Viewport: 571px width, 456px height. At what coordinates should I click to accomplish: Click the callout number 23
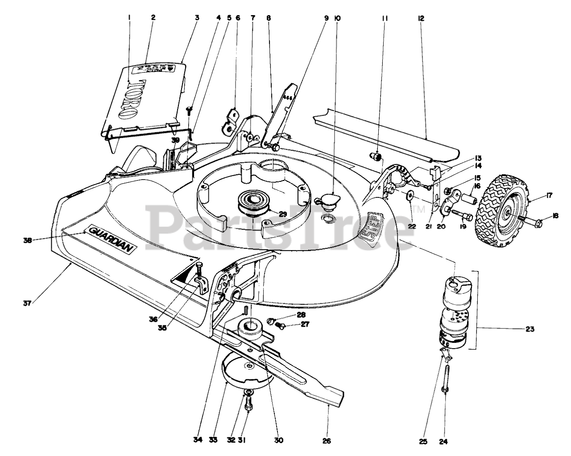pyautogui.click(x=530, y=330)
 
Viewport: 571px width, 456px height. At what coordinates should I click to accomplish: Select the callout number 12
pyautogui.click(x=421, y=18)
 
